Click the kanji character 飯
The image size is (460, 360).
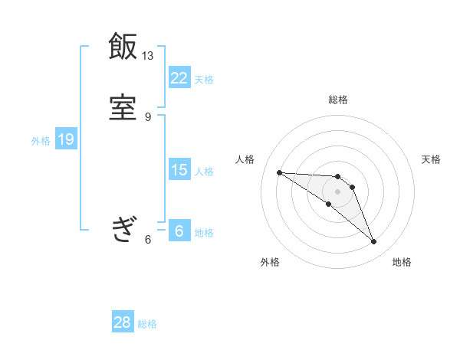[x=123, y=47]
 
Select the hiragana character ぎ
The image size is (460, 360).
[x=123, y=229]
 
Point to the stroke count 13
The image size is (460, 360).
[x=147, y=56]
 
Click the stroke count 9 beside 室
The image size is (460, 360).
[x=148, y=116]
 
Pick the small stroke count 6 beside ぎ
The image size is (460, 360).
[x=148, y=240]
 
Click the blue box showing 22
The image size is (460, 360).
[x=179, y=77]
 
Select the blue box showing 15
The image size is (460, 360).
[x=179, y=170]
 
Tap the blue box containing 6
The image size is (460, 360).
[x=179, y=231]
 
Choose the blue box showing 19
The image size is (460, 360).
[x=65, y=139]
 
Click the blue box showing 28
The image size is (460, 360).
[x=123, y=322]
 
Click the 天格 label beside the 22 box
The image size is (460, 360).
[x=204, y=79]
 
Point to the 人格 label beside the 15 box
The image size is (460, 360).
[x=204, y=172]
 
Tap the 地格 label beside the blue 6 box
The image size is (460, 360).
[x=204, y=233]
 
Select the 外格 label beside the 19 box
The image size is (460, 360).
[x=40, y=141]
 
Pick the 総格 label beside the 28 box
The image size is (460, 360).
[x=147, y=324]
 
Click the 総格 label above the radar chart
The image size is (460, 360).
[x=338, y=100]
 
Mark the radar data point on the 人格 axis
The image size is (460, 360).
[x=280, y=172]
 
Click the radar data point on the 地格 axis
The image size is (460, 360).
[x=374, y=242]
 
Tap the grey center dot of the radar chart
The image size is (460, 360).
[x=338, y=191]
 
